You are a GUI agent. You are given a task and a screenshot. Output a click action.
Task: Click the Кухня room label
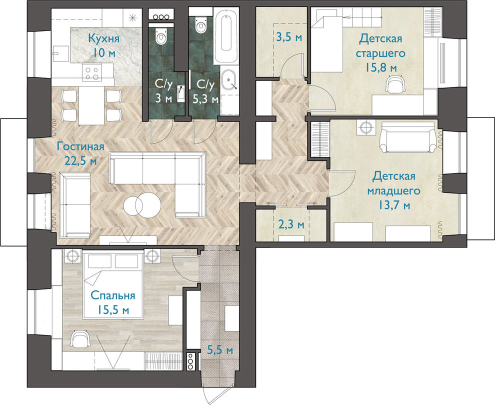click(104, 39)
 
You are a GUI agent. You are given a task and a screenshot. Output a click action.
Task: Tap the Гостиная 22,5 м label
click(80, 153)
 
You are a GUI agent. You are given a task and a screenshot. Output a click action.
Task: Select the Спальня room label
click(112, 295)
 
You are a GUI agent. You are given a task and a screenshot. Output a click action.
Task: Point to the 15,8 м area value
click(381, 67)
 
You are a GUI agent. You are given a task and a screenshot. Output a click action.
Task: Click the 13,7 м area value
click(394, 205)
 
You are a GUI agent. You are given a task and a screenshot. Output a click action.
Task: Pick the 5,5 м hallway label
click(220, 350)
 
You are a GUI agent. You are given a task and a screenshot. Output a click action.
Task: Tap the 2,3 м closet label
click(291, 224)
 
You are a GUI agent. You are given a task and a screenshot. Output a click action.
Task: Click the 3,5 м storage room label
click(289, 37)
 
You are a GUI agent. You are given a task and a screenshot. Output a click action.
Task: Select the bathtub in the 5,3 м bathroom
click(225, 35)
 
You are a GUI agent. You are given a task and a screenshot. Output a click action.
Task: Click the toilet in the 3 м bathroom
click(161, 35)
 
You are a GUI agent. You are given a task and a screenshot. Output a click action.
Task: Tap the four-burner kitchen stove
click(92, 73)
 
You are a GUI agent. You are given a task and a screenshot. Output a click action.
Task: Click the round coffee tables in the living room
click(142, 206)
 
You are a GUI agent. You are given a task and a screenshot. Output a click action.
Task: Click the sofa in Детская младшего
click(408, 137)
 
